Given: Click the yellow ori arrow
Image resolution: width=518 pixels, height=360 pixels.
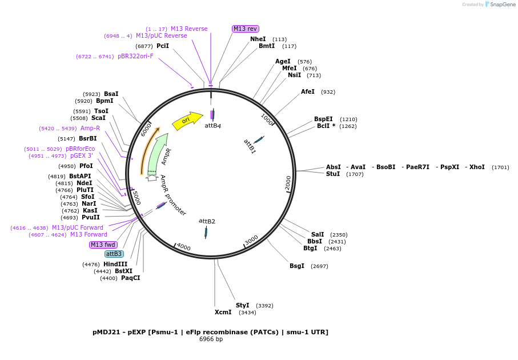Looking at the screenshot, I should [187, 120].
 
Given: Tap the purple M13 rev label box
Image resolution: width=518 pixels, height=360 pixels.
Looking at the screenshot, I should [246, 29].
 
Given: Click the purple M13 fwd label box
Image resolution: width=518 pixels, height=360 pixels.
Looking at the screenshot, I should [103, 245].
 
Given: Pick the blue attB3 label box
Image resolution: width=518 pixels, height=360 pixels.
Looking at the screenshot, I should [114, 254].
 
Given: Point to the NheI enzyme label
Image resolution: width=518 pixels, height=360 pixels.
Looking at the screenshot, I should [258, 39].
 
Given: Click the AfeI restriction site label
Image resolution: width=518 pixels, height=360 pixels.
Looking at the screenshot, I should [308, 91].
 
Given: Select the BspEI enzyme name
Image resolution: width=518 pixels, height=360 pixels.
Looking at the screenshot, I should [323, 119].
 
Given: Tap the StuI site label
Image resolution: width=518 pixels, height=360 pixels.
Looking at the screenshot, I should [333, 174].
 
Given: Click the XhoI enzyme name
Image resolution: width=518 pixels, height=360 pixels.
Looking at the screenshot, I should [477, 167].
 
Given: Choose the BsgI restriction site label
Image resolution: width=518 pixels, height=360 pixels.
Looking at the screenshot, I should [297, 266].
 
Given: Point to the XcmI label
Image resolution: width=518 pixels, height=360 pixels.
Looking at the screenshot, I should [223, 312].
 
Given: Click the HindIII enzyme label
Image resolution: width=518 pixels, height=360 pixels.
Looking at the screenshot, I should [115, 264].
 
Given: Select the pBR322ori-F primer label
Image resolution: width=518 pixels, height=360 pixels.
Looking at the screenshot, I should [135, 56].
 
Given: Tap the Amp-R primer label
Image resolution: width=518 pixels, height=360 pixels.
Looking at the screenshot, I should [90, 128].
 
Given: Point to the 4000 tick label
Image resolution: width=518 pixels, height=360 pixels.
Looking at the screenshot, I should [183, 246].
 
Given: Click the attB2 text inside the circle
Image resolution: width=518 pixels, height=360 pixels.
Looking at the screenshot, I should [207, 221].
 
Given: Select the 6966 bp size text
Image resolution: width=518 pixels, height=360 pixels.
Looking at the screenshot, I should [211, 339].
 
